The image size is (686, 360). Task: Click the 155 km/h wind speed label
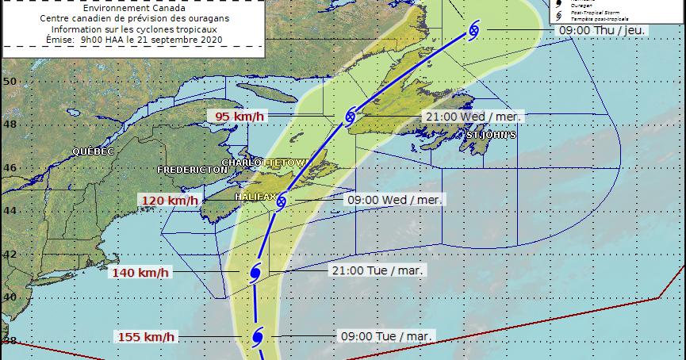(147, 337)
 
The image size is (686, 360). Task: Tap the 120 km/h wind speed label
(169, 201)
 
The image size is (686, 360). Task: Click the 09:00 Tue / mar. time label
(385, 336)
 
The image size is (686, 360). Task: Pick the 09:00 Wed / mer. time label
(394, 199)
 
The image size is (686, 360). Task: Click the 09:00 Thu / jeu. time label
(604, 29)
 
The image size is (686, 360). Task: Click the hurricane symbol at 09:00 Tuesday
(257, 338)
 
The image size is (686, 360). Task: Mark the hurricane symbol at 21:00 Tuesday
(255, 273)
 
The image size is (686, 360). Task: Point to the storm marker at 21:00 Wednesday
(350, 117)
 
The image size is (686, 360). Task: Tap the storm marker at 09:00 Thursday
(473, 30)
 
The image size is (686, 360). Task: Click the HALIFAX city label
(255, 196)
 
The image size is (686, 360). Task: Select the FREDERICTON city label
(193, 170)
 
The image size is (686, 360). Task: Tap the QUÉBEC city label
(94, 151)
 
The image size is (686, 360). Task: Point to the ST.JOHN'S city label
(491, 136)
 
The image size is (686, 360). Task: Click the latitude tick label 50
(10, 81)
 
